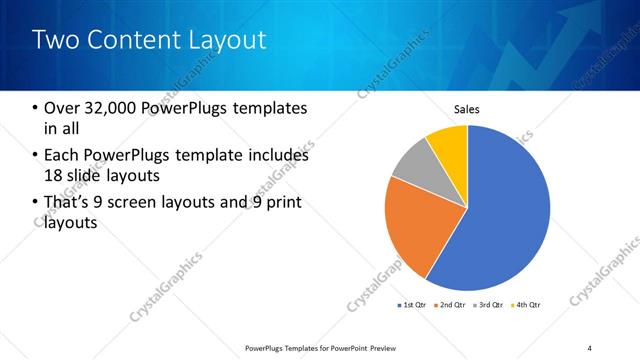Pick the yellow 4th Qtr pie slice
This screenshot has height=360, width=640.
point(449,143)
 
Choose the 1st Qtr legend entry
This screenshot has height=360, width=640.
point(412,304)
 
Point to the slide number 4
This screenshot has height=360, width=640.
point(590,347)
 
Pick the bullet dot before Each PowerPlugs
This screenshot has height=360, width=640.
point(36,156)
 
